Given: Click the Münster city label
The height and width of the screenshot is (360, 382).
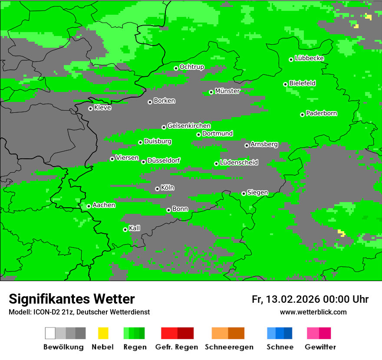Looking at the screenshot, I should (227, 91).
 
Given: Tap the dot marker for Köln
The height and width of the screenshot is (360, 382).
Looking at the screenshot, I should (157, 189).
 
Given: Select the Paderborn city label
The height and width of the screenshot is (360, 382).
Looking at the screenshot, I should (322, 113).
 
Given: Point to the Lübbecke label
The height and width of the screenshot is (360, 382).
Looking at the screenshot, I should (310, 58).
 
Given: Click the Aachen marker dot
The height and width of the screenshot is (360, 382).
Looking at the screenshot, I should (89, 206).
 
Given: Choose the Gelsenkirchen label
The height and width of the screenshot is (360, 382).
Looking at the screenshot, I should (189, 126).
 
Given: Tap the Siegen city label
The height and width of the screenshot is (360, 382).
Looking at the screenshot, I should (257, 193).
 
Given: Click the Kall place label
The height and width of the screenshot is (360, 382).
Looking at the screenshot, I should (135, 228).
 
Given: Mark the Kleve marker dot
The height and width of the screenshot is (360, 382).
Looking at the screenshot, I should (90, 108).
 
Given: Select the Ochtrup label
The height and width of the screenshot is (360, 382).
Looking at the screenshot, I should (192, 67).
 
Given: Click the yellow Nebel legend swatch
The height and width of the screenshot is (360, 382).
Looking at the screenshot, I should (103, 333).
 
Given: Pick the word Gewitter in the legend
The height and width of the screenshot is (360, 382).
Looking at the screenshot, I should (320, 347).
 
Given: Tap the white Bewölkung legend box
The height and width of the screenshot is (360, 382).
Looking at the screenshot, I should (50, 333).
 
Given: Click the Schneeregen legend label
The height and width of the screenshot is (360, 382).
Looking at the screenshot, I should (229, 347).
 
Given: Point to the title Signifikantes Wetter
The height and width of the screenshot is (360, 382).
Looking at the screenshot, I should (72, 299).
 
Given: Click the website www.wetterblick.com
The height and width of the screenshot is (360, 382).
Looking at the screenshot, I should (313, 312).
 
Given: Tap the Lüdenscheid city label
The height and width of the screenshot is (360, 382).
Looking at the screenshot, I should (239, 163).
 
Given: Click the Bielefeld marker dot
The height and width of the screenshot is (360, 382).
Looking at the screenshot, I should (285, 84).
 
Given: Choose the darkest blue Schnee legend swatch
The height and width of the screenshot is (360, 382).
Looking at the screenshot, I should (288, 333).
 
